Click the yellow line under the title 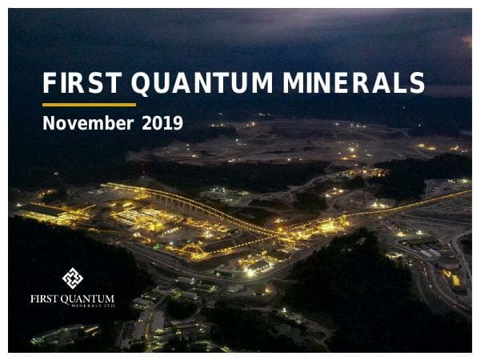point(89,104)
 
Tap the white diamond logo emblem point(73,278)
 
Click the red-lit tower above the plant point(142,170)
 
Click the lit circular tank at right point(448,264)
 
